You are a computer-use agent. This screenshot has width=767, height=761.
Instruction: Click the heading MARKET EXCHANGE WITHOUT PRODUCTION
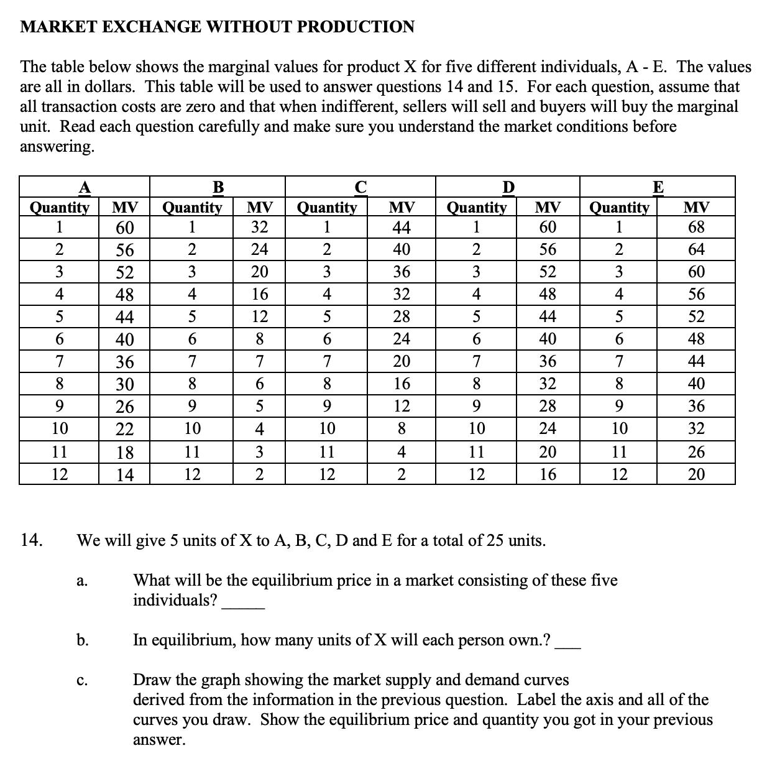[x=217, y=27]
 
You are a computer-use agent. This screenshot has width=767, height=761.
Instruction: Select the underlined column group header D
[x=508, y=187]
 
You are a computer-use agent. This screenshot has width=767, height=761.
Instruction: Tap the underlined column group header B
[x=218, y=187]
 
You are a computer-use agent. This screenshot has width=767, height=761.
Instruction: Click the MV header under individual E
[x=696, y=207]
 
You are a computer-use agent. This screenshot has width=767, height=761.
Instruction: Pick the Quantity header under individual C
[x=327, y=207]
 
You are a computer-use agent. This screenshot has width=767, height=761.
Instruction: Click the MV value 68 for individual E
[x=696, y=227]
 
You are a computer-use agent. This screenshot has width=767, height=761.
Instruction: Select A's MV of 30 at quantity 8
[x=125, y=384]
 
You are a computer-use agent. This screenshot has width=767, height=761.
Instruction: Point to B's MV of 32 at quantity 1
[x=259, y=227]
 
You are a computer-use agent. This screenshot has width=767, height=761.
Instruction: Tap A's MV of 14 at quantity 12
[x=125, y=475]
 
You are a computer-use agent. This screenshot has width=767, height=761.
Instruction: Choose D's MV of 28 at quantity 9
[x=547, y=406]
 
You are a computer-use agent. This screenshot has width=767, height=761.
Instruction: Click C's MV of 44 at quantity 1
[x=402, y=227]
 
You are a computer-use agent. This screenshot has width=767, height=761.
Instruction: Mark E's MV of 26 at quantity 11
[x=696, y=452]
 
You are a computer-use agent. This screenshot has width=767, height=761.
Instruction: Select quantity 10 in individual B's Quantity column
[x=193, y=429]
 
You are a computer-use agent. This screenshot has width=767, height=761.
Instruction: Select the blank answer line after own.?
[x=568, y=647]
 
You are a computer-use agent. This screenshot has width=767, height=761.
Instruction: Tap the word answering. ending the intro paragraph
[x=57, y=147]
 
